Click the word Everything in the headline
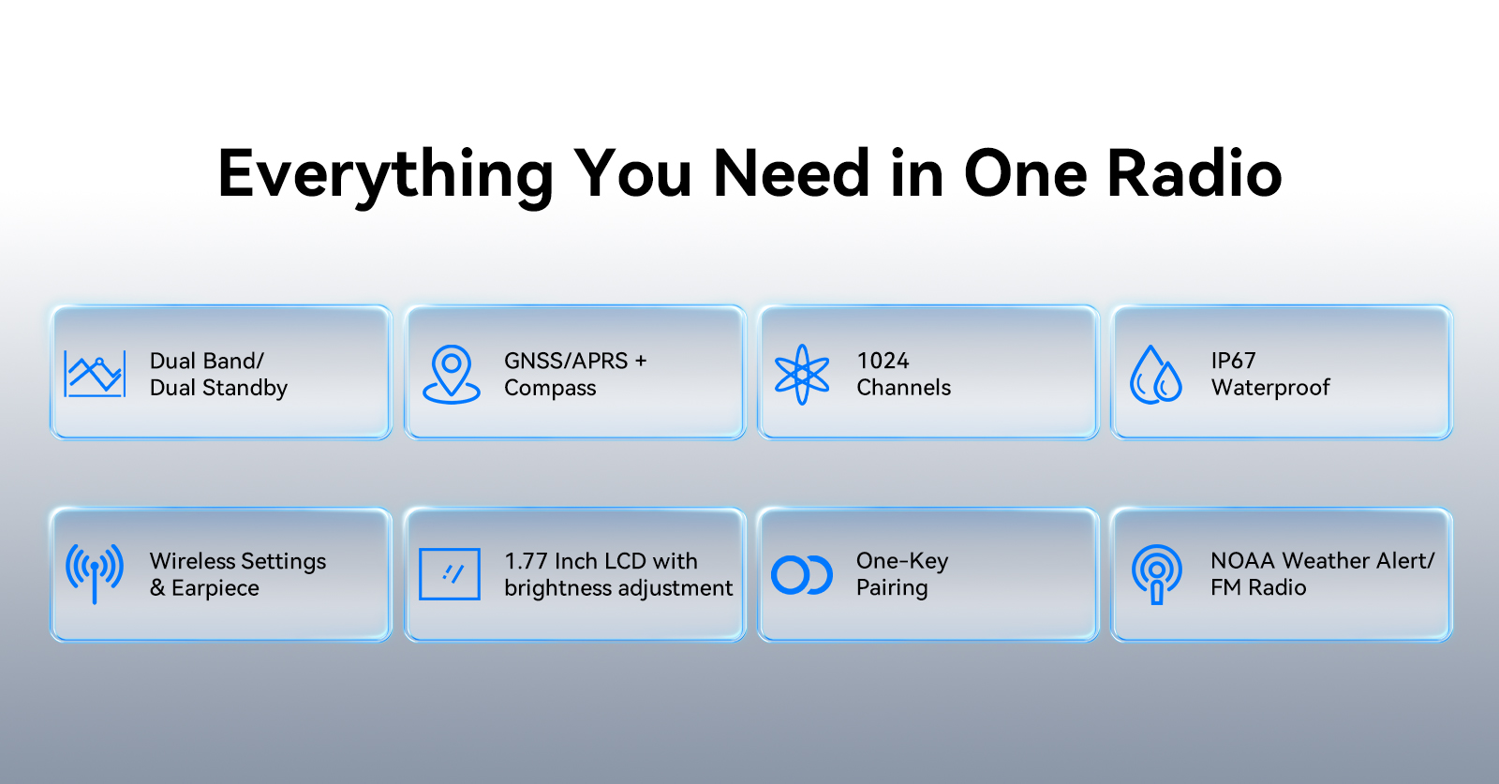pos(385,175)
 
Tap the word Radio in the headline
pos(1195,173)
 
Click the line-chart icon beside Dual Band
pos(95,374)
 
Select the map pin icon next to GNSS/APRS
pos(451,375)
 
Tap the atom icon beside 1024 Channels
pos(802,375)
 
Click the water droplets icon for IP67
pos(1156,375)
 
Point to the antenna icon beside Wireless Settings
pos(95,573)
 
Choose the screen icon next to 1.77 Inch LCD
pos(450,574)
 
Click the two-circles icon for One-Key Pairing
pos(802,574)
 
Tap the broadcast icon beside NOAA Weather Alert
pos(1156,574)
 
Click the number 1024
pos(883,362)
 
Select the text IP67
pos(1233,362)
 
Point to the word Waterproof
pos(1270,388)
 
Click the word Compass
pos(550,389)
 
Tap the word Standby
pos(245,388)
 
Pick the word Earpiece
pos(215,588)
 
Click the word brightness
pos(558,588)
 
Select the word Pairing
pos(892,588)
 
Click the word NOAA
pos(1242,560)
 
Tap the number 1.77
pos(526,561)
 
